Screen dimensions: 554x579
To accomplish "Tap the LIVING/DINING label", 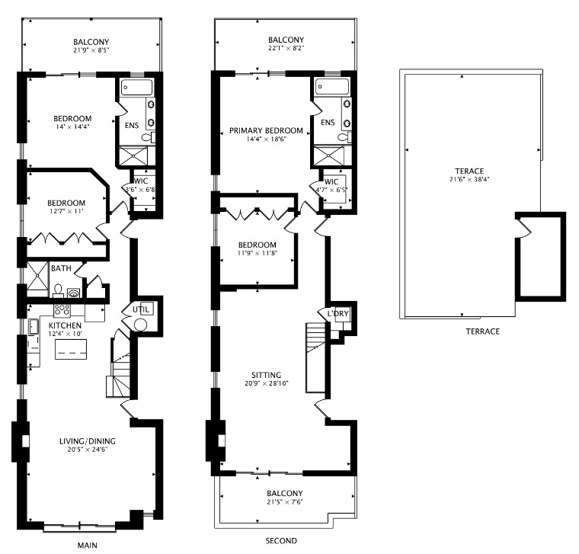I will [x=91, y=440].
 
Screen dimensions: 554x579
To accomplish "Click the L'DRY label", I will [x=337, y=314].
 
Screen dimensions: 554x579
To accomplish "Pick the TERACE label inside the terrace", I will [x=469, y=171].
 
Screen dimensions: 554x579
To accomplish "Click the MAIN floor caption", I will [x=88, y=546].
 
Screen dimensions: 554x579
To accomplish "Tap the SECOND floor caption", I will [x=280, y=541].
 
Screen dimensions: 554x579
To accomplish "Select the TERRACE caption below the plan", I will [x=483, y=331].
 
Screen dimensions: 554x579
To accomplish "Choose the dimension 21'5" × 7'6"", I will [x=286, y=504].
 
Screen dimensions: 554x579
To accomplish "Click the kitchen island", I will [x=71, y=350].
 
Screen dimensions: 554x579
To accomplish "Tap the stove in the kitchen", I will [x=62, y=310].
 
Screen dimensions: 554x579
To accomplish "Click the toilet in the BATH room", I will [x=58, y=290].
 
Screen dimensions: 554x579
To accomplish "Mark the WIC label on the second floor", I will [x=331, y=181].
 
